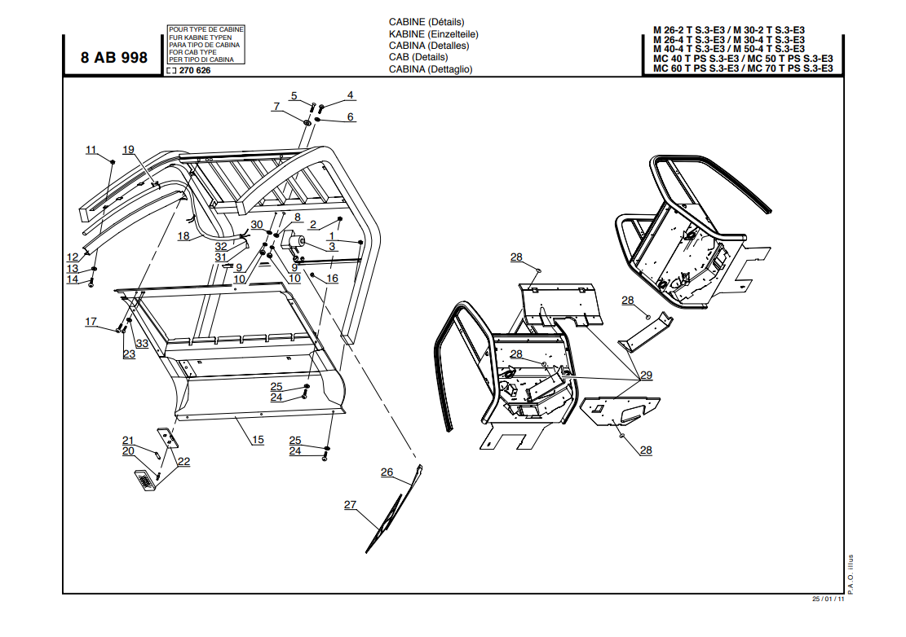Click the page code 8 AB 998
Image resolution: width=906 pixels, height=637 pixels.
click(x=114, y=58)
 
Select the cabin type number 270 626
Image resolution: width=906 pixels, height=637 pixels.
click(x=193, y=71)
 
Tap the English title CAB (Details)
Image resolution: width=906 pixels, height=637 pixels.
click(x=418, y=57)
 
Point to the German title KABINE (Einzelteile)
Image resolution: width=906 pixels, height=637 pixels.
click(x=433, y=34)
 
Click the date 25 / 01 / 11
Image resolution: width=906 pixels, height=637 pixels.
click(x=827, y=600)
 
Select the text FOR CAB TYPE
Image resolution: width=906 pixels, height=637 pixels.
click(x=192, y=52)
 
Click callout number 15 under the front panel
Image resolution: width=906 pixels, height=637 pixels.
click(x=257, y=440)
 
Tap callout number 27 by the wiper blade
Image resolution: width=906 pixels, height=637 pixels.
click(x=351, y=504)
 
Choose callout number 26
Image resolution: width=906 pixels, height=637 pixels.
click(x=387, y=472)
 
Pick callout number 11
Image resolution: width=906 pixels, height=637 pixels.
click(x=91, y=150)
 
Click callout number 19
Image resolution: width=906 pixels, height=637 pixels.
click(x=128, y=149)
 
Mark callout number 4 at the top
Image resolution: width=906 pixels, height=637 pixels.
click(x=350, y=95)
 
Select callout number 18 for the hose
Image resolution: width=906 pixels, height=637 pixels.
click(x=183, y=236)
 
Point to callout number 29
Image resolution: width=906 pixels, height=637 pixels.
click(x=646, y=375)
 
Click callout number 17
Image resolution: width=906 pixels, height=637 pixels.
click(x=91, y=322)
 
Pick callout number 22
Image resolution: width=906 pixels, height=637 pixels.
click(x=184, y=461)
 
